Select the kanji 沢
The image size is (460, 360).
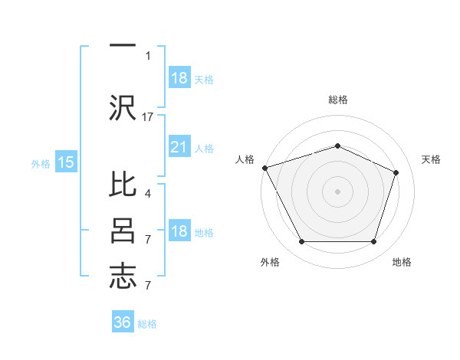point(123,106)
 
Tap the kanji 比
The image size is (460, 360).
point(123,188)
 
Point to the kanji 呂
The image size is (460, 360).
point(123,231)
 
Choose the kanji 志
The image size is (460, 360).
point(123,275)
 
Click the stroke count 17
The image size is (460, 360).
point(149,117)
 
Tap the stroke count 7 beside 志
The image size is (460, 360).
point(148,285)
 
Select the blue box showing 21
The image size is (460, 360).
point(179,148)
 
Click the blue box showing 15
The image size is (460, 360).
point(66,162)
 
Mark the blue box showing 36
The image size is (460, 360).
point(123,322)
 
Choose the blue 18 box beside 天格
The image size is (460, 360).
point(179,78)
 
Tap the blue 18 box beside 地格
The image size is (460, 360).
point(179,232)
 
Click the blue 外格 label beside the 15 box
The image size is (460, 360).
point(41,163)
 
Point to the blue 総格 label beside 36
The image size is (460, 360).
point(147,324)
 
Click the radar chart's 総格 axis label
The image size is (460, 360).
point(337,100)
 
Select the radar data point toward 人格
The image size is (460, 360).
point(264,167)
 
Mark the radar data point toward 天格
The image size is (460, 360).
point(396,172)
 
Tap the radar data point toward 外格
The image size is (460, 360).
point(301,242)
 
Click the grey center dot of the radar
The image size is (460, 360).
point(337,191)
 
